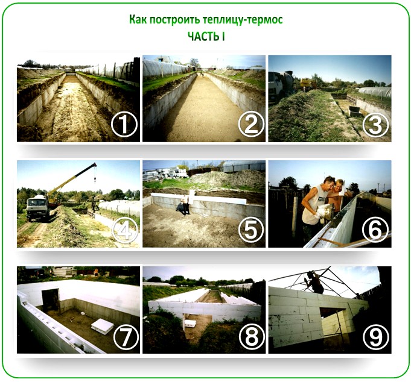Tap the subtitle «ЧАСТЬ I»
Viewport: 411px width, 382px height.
pyautogui.click(x=206, y=36)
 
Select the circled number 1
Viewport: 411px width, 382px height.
pyautogui.click(x=124, y=125)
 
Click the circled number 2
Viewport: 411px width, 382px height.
pyautogui.click(x=251, y=124)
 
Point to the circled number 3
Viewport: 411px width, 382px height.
pyautogui.click(x=375, y=124)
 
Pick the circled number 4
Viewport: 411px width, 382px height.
pyautogui.click(x=125, y=230)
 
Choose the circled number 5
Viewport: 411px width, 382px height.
pyautogui.click(x=251, y=230)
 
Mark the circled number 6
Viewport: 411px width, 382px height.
pyautogui.click(x=375, y=230)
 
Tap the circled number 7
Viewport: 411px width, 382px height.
pyautogui.click(x=126, y=337)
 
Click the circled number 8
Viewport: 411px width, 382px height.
pyautogui.click(x=252, y=337)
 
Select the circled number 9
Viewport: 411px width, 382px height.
pyautogui.click(x=375, y=337)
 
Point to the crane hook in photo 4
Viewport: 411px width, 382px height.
pyautogui.click(x=95, y=180)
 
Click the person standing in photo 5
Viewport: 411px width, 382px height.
pyautogui.click(x=186, y=205)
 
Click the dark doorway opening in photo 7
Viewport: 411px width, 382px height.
pyautogui.click(x=51, y=301)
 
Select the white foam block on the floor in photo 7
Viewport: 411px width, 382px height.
pyautogui.click(x=102, y=327)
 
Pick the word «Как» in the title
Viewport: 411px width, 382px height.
pyautogui.click(x=138, y=20)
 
